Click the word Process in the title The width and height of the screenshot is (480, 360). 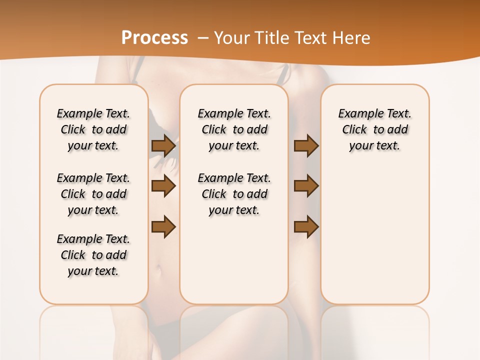[154, 38]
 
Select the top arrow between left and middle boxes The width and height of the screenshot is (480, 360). [163, 146]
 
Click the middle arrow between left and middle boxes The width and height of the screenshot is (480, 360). [163, 186]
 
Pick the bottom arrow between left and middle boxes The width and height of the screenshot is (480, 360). [163, 226]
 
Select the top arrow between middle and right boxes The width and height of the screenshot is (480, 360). [306, 146]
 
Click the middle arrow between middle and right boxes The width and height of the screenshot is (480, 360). [306, 186]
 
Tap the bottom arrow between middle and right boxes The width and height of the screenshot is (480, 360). [306, 226]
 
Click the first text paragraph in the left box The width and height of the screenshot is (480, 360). [93, 129]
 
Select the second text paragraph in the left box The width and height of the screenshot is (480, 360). [93, 194]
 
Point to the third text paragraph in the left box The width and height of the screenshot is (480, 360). [93, 255]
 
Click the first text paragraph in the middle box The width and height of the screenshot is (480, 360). [234, 129]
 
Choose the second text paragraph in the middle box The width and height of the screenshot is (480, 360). [234, 194]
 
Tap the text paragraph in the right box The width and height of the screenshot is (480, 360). [374, 129]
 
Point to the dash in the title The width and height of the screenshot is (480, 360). [203, 38]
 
